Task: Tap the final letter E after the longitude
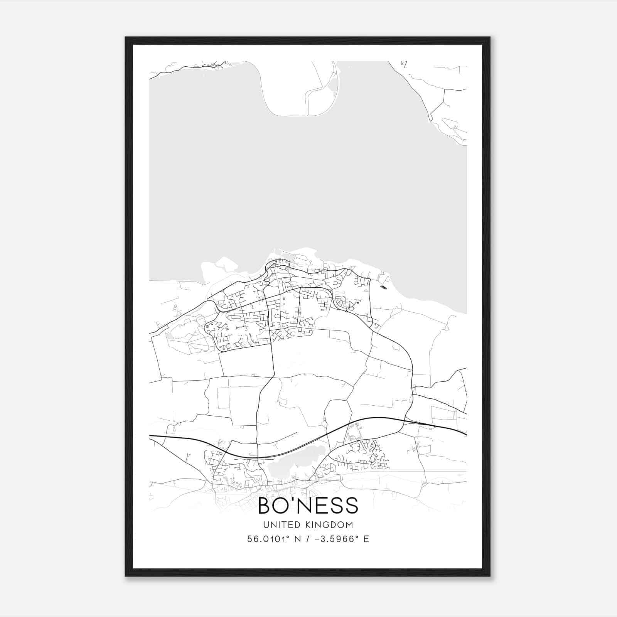pyautogui.click(x=366, y=539)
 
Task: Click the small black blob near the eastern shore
pyautogui.click(x=383, y=287)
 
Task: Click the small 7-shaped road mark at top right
pyautogui.click(x=404, y=64)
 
